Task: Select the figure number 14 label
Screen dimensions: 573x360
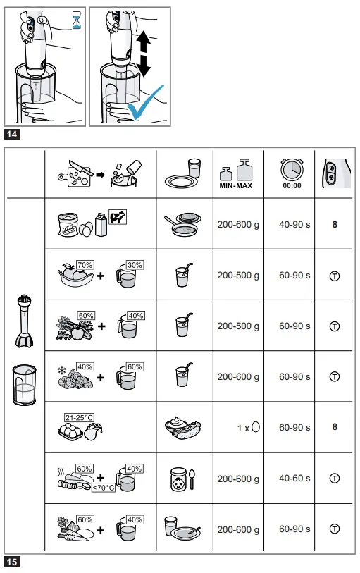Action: tap(12, 134)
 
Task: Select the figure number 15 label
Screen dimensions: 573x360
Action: tap(12, 562)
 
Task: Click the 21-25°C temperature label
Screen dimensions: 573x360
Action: tap(79, 418)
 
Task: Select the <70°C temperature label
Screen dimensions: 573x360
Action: tap(103, 486)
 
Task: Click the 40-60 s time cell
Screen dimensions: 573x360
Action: tap(294, 479)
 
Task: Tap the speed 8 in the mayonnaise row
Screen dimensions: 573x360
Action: tap(334, 427)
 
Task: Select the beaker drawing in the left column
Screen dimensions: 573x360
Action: tap(25, 385)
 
